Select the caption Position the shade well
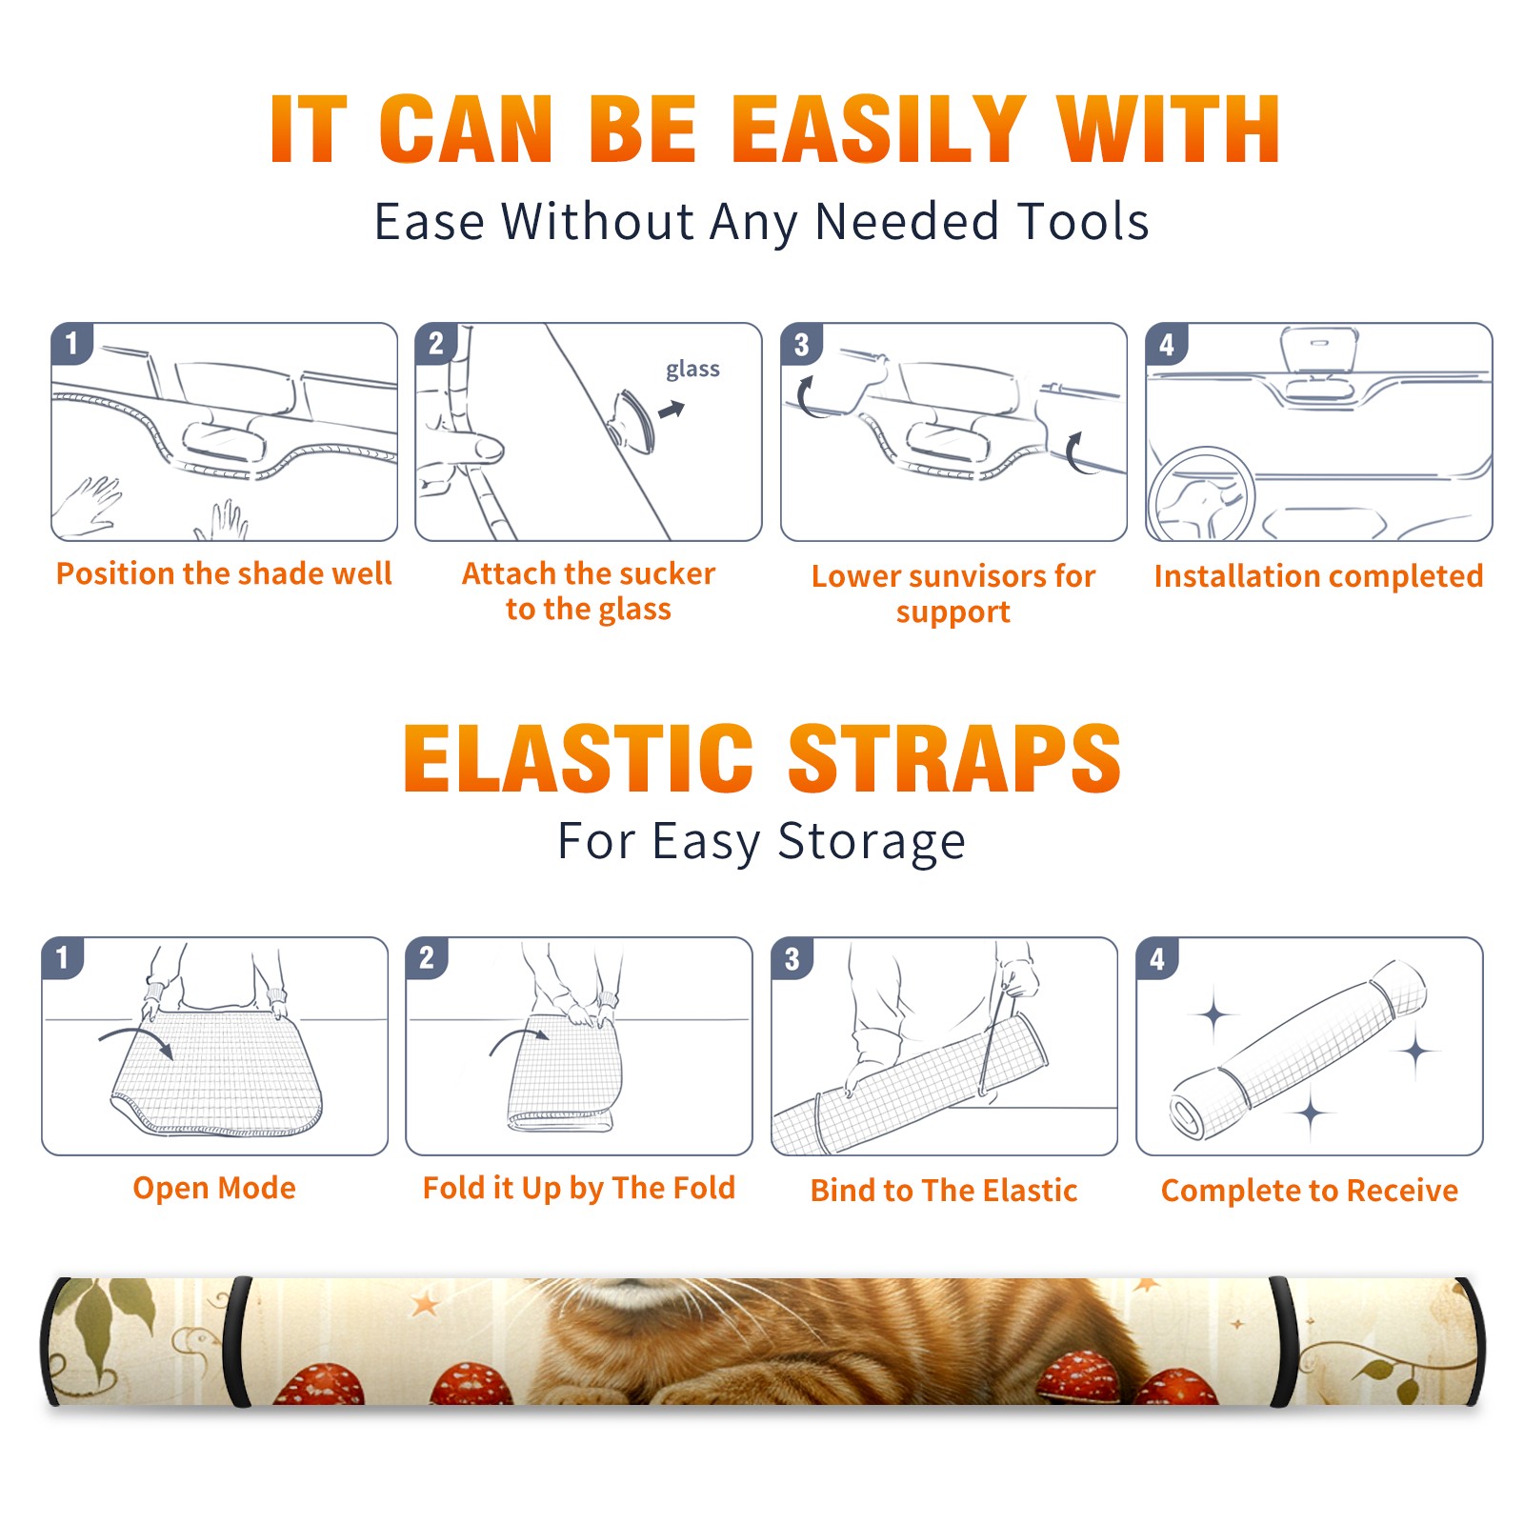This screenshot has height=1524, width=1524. (x=224, y=573)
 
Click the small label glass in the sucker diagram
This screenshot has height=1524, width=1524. (x=692, y=370)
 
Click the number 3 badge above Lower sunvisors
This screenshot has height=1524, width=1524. (x=801, y=344)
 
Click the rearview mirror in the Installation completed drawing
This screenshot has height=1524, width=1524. (x=1319, y=351)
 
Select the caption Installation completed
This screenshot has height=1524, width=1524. (x=1318, y=576)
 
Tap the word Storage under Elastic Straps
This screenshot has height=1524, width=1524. (x=872, y=842)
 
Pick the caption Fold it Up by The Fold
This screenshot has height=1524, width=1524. (x=579, y=1188)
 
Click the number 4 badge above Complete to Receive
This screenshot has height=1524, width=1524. (x=1157, y=958)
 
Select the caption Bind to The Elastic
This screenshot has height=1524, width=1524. (x=944, y=1191)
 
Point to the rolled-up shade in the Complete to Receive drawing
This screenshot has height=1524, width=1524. (x=1298, y=1050)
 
